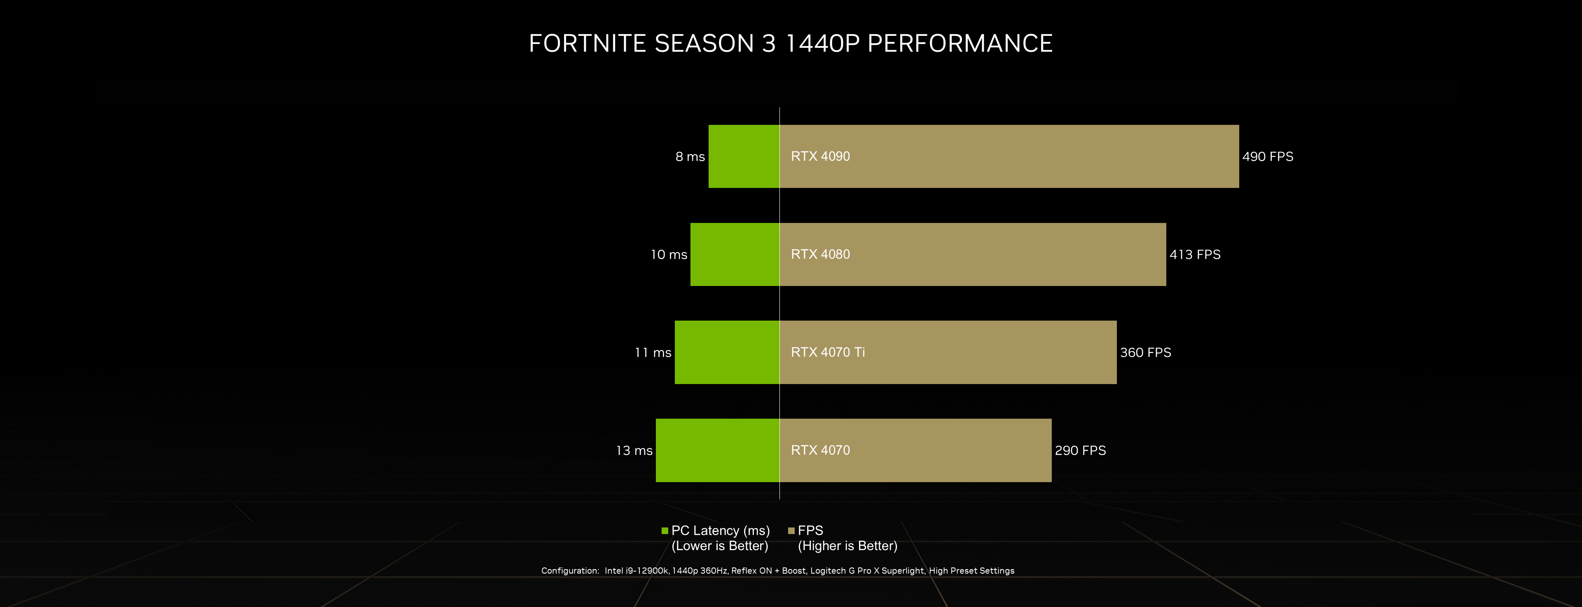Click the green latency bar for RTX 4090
pyautogui.click(x=744, y=156)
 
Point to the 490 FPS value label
pyautogui.click(x=1268, y=157)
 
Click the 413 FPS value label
pyautogui.click(x=1194, y=254)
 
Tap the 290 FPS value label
pyautogui.click(x=1080, y=450)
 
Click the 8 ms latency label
pyautogui.click(x=690, y=157)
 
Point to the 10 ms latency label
pyautogui.click(x=669, y=254)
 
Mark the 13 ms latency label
pyautogui.click(x=634, y=450)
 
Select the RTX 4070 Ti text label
pyautogui.click(x=827, y=352)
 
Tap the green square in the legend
pyautogui.click(x=665, y=531)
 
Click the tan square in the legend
pyautogui.click(x=791, y=531)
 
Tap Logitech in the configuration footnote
pyautogui.click(x=828, y=571)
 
